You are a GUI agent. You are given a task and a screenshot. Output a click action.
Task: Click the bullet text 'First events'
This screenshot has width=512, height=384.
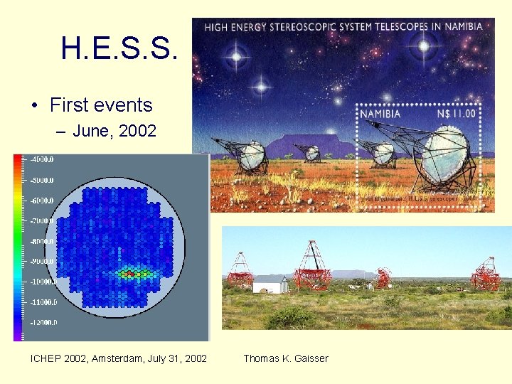click(101, 105)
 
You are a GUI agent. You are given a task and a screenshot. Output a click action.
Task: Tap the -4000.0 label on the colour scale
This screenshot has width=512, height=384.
click(42, 159)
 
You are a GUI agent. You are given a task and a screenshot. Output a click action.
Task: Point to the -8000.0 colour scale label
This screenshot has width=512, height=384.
click(42, 241)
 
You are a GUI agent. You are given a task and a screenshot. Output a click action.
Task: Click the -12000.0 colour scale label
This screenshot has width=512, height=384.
click(43, 322)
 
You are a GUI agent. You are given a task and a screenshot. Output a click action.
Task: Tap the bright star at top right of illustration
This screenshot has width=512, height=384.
click(425, 48)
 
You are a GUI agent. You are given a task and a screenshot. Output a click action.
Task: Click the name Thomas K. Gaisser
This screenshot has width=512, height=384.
click(286, 358)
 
